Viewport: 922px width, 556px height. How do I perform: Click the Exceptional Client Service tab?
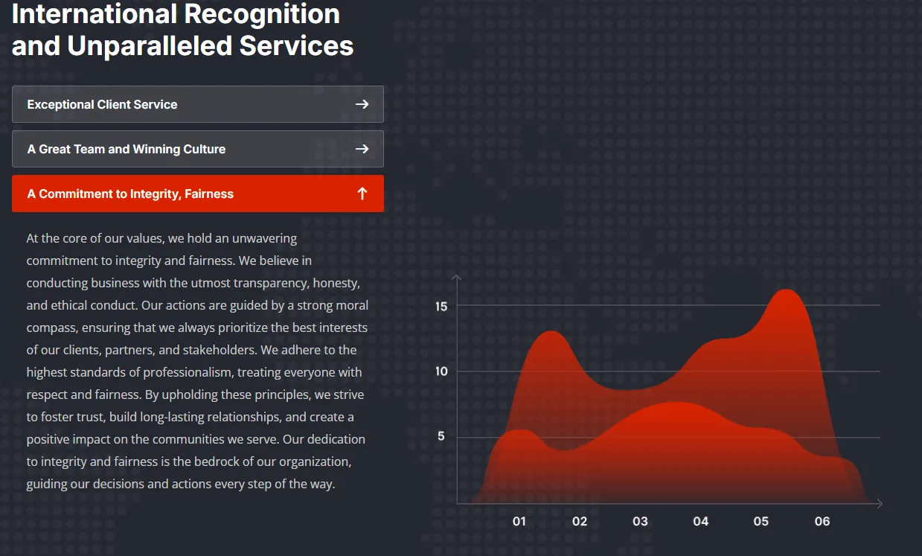[x=198, y=104]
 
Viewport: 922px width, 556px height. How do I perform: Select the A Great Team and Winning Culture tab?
[x=198, y=149]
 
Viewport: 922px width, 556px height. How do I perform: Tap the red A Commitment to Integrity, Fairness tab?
[x=198, y=194]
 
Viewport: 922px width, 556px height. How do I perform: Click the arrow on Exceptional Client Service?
[x=362, y=104]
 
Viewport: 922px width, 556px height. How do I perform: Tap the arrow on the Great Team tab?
[x=362, y=149]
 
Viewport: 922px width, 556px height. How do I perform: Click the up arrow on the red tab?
[x=362, y=194]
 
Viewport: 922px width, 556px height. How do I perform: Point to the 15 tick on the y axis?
[x=441, y=306]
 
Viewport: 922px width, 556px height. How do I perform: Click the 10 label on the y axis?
[x=441, y=371]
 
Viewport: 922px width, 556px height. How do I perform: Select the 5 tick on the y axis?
[x=441, y=436]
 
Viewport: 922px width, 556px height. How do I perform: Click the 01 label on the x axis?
[x=519, y=522]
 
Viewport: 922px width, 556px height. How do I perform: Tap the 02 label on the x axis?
[x=580, y=522]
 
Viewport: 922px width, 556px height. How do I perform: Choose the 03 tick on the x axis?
[x=640, y=522]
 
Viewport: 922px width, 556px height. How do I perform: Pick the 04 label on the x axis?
[x=700, y=522]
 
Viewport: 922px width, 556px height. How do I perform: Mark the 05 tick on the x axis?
[x=761, y=522]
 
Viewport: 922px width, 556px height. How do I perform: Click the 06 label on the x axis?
[x=822, y=522]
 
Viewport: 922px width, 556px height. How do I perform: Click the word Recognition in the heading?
[x=262, y=14]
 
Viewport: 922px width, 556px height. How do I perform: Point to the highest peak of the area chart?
[x=786, y=290]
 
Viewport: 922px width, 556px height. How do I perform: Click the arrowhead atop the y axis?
[x=456, y=277]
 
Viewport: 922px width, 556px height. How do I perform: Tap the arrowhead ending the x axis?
[x=880, y=504]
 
